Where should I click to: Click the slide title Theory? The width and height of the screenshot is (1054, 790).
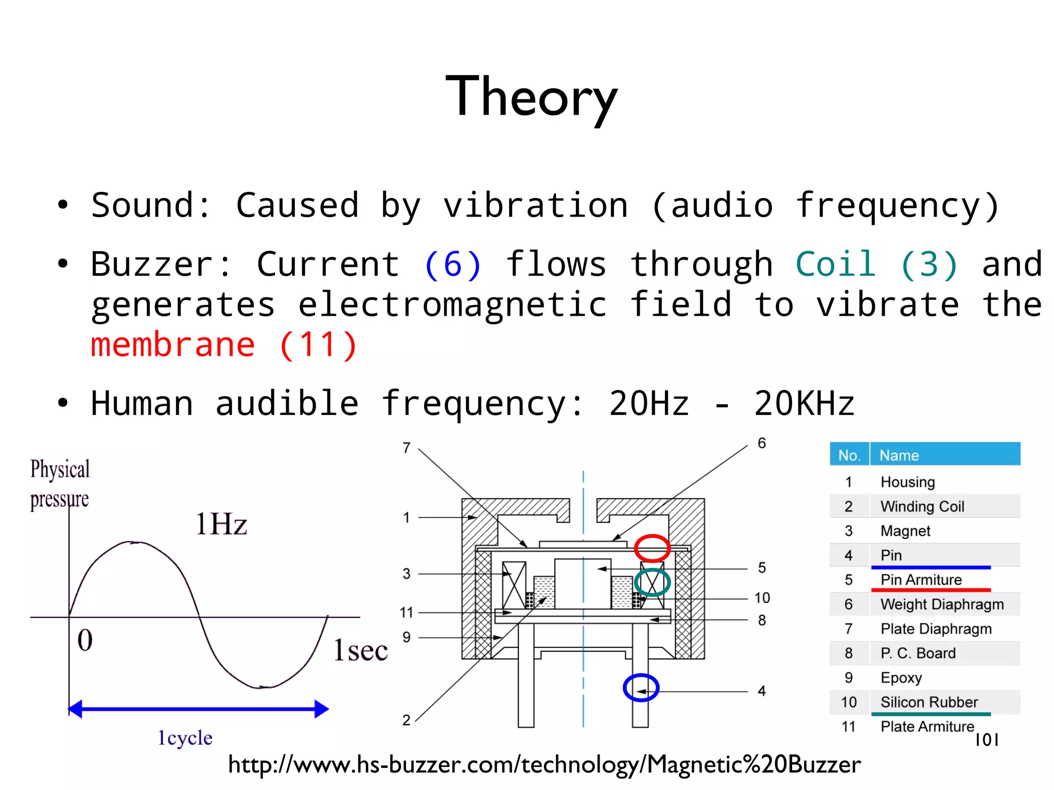click(x=531, y=97)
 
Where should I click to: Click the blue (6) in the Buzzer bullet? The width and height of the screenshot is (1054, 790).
click(x=452, y=265)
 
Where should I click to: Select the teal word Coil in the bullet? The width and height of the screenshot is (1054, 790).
click(x=835, y=265)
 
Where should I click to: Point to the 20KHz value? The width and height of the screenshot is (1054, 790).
click(x=804, y=403)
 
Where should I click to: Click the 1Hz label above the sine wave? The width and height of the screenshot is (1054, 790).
click(x=221, y=525)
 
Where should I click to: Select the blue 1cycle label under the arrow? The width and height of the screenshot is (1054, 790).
click(x=185, y=738)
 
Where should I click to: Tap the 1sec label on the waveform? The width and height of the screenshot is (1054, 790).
click(x=360, y=650)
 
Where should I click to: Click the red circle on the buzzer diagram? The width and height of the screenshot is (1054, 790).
click(x=652, y=548)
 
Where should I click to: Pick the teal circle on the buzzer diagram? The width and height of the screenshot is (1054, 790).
click(x=652, y=582)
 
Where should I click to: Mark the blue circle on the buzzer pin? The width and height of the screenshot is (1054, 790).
click(x=641, y=688)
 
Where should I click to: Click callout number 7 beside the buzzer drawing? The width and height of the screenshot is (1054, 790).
click(x=407, y=448)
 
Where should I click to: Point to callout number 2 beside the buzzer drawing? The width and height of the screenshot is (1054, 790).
click(x=407, y=720)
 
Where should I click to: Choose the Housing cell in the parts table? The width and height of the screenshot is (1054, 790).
click(x=907, y=482)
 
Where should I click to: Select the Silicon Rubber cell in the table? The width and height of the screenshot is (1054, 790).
click(x=929, y=702)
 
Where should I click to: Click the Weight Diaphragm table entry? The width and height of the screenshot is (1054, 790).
click(x=942, y=604)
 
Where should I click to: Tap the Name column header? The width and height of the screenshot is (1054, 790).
click(x=899, y=455)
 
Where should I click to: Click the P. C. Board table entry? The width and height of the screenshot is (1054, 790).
click(x=918, y=653)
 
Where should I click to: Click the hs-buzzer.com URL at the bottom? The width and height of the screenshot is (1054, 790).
click(x=544, y=765)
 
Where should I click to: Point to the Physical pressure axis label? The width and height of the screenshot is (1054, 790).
click(x=60, y=484)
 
